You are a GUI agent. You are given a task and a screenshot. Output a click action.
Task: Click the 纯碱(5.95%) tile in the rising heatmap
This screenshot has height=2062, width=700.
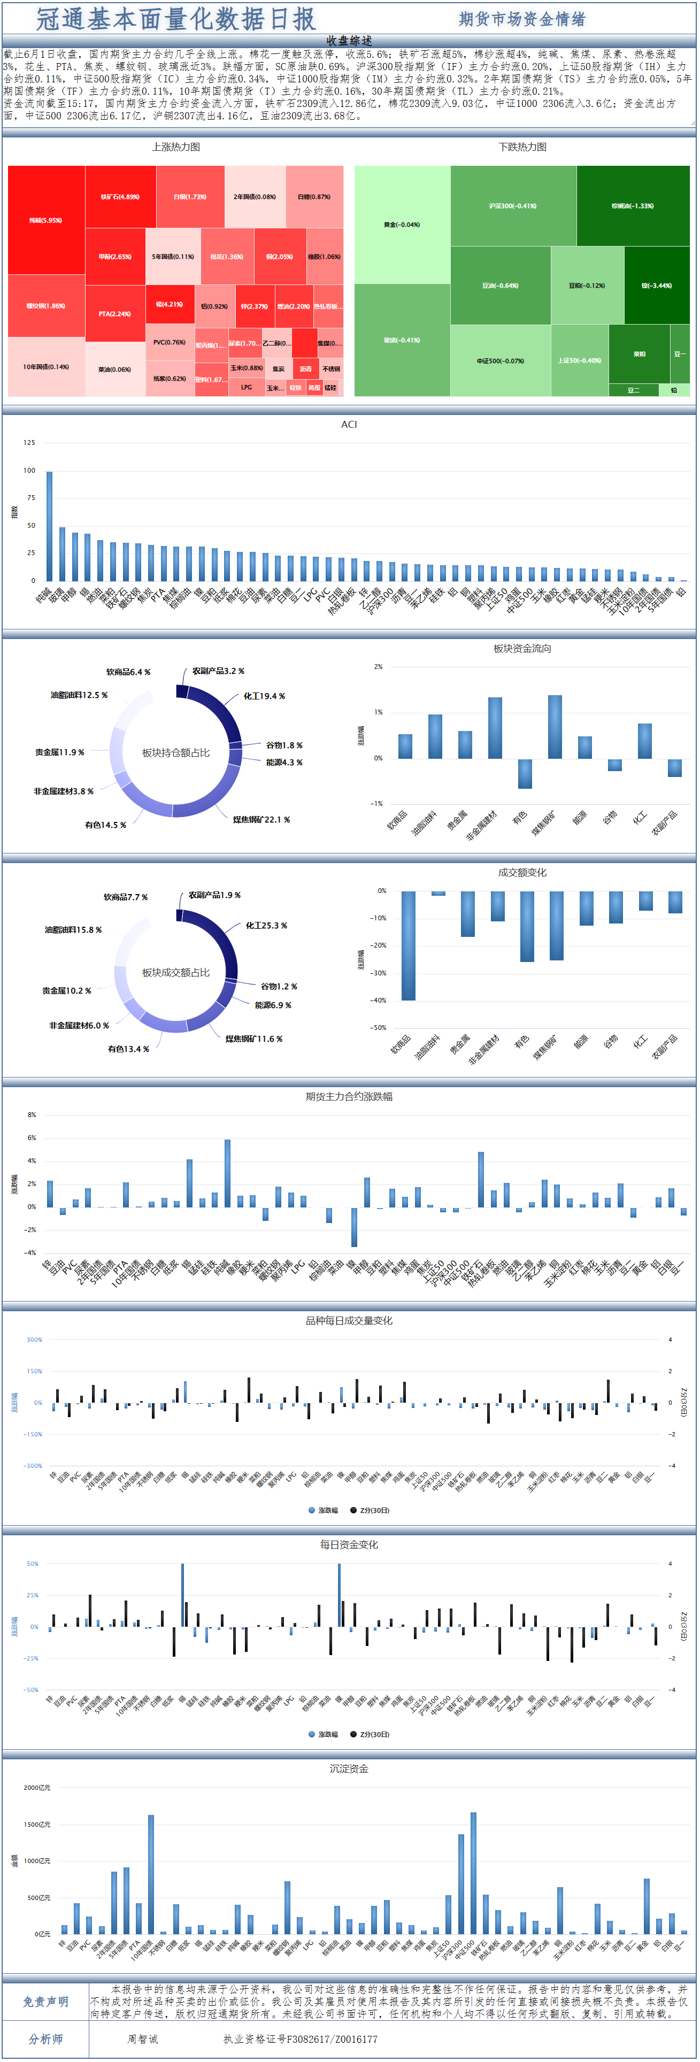coord(45,220)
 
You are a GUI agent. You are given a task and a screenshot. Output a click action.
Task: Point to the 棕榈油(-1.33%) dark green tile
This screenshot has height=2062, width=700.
coord(633,206)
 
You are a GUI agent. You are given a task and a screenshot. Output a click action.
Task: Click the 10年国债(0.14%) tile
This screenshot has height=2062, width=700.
coord(45,367)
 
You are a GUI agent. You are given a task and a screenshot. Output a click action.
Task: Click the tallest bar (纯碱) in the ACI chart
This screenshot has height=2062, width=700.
coord(50,526)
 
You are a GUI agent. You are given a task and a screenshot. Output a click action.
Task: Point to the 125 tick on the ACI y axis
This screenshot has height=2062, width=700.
coord(29,443)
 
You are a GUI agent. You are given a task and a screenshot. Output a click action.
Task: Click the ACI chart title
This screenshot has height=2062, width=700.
coord(349,424)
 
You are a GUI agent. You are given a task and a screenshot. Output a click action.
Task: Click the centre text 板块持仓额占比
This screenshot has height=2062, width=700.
coord(176,752)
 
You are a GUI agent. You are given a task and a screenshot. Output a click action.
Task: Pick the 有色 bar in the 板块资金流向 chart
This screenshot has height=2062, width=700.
coord(525,773)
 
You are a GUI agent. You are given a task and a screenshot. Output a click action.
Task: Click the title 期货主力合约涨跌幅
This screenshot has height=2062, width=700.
coord(349,1097)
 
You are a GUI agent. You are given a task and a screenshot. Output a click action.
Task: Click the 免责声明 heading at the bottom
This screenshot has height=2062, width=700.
coord(45,2001)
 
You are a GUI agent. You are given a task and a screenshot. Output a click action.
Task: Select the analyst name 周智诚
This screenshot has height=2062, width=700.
coord(143,2039)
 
